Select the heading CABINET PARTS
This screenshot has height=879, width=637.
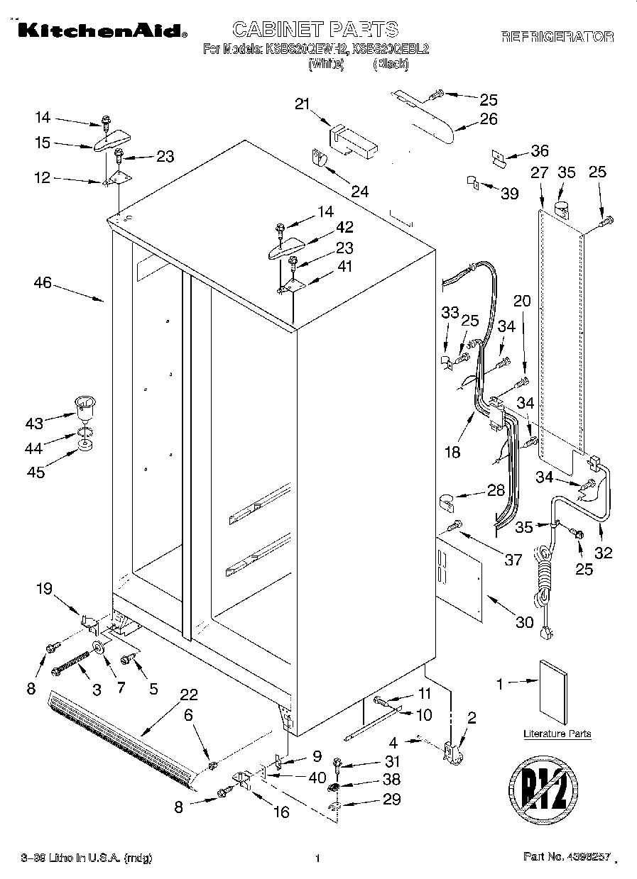(315, 29)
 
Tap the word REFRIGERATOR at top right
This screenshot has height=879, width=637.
(557, 36)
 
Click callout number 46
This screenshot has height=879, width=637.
(43, 283)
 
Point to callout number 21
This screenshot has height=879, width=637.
(303, 104)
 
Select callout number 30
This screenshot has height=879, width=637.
(524, 622)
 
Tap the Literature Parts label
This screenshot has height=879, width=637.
(557, 734)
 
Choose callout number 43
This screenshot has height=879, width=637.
(34, 424)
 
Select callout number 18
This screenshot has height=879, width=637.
(451, 452)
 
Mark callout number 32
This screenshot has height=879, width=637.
(603, 553)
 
